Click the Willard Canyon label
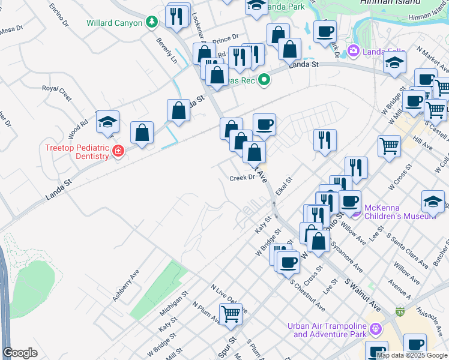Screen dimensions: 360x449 115,23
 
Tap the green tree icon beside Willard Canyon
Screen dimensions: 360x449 152,23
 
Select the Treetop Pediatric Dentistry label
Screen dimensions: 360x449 77,152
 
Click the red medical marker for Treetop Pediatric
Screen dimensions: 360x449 118,151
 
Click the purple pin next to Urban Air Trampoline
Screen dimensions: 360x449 376,329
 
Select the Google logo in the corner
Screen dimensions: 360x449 20,353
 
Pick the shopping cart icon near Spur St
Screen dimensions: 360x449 231,313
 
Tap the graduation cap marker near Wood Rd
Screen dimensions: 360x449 107,121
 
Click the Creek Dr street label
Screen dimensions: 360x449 243,178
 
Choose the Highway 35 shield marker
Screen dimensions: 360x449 400,312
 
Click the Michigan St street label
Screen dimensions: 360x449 173,304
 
